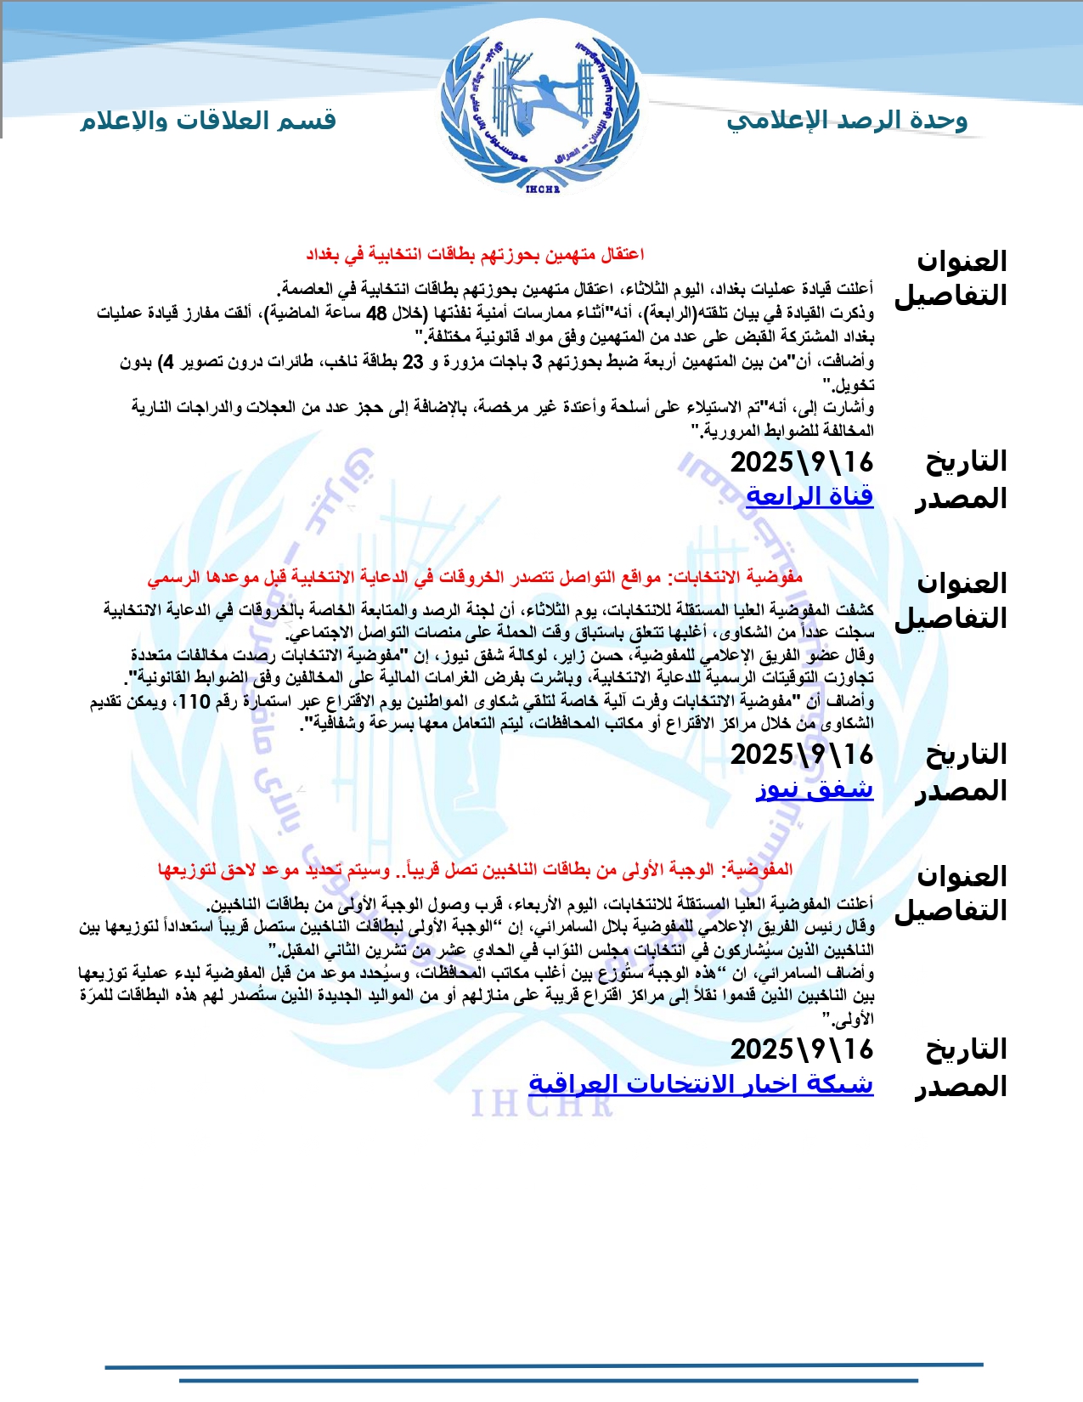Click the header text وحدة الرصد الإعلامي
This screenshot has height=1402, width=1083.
tap(847, 121)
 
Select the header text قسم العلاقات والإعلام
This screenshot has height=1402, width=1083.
tap(208, 121)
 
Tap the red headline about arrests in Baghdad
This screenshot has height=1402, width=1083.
tap(475, 254)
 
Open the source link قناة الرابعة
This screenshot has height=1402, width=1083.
tap(809, 495)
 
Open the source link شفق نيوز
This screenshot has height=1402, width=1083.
tap(814, 789)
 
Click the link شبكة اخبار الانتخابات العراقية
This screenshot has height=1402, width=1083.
tap(701, 1083)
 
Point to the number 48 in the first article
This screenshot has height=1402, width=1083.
tap(376, 314)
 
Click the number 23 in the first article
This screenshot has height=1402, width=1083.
tap(413, 362)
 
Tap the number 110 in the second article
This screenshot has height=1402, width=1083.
tap(194, 702)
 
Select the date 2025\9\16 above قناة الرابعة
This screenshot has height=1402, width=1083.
tap(801, 462)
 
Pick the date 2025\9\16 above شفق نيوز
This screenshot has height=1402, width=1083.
tap(801, 755)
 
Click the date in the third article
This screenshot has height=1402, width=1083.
tap(801, 1049)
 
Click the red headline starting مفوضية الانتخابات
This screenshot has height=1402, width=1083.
tap(475, 578)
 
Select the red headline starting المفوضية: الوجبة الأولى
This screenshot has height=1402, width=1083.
tap(475, 869)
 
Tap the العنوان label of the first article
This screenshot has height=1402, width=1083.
tap(962, 261)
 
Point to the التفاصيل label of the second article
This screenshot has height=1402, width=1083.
tap(950, 618)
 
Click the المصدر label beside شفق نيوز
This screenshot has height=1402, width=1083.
tap(961, 791)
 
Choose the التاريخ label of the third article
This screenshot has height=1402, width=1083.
tap(966, 1049)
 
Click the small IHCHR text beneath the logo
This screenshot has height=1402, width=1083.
tap(542, 189)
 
